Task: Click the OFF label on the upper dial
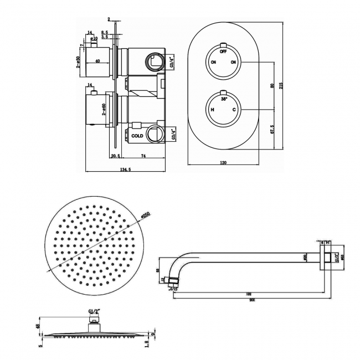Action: click(x=223, y=51)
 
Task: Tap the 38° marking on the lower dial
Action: click(x=223, y=99)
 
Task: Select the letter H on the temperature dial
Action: click(x=213, y=110)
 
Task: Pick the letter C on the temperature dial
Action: click(x=234, y=110)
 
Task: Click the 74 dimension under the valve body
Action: click(x=143, y=157)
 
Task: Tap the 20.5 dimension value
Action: click(x=115, y=157)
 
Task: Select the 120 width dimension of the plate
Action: click(x=224, y=163)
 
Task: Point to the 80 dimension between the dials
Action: click(x=272, y=86)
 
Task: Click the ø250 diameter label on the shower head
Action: click(x=146, y=215)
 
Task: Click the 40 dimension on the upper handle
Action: click(x=97, y=61)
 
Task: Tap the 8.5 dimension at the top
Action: click(x=105, y=33)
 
